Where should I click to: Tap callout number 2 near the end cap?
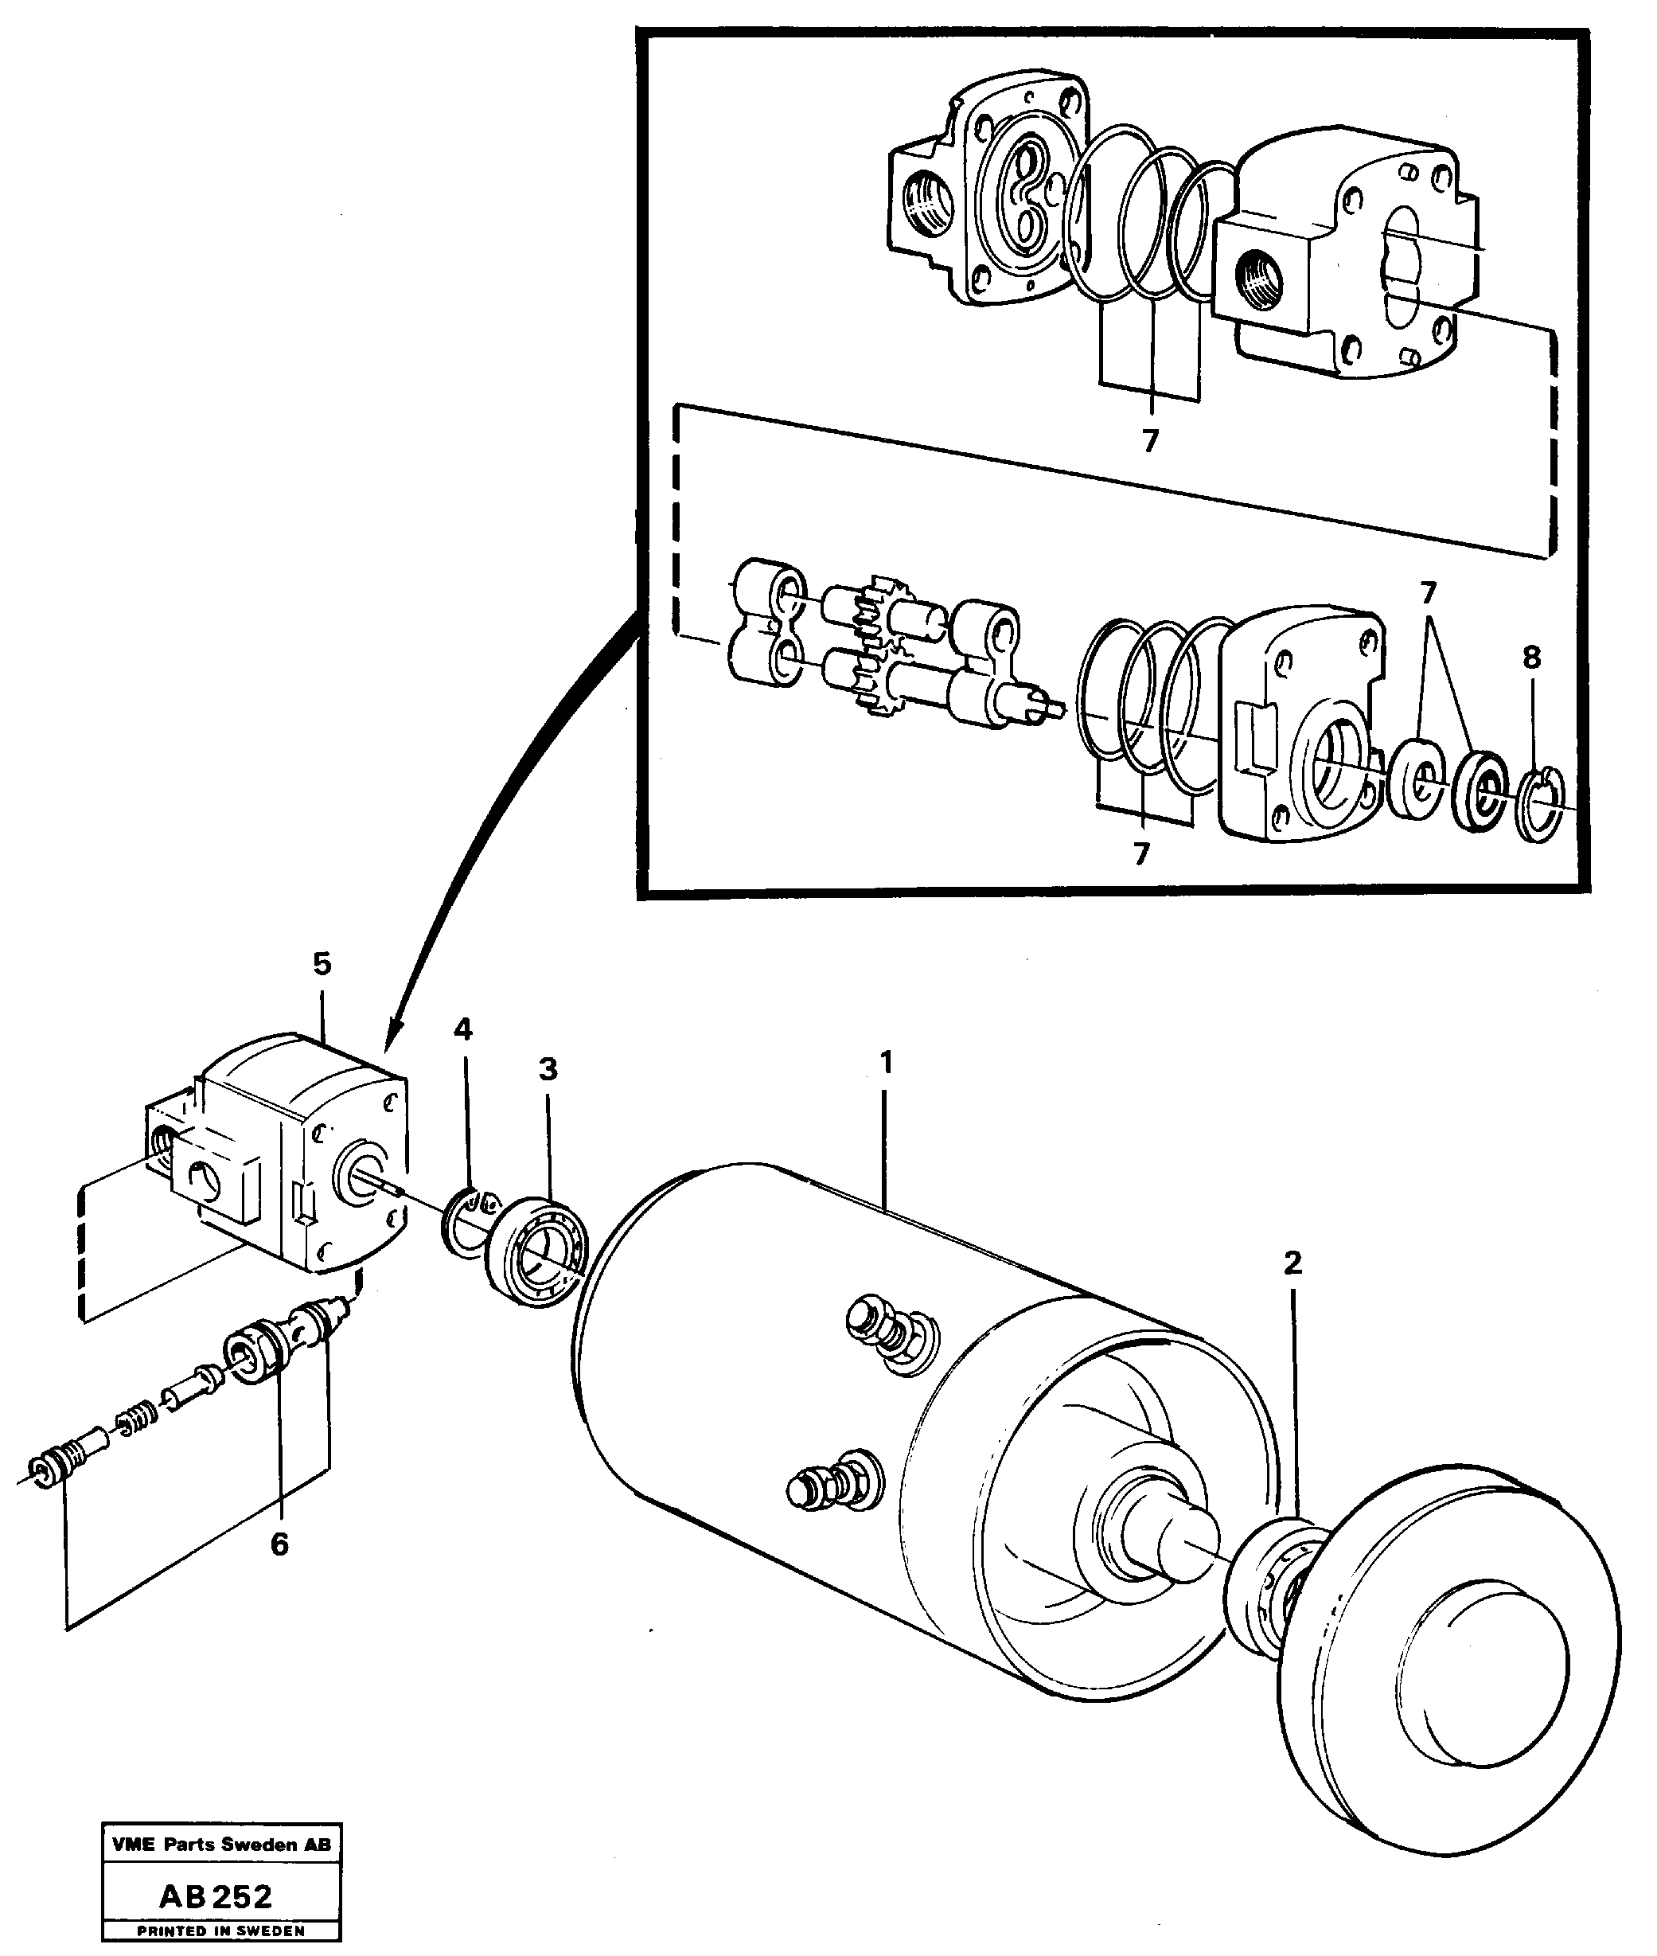[1292, 1263]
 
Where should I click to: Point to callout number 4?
[462, 1029]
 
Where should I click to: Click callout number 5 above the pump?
[322, 964]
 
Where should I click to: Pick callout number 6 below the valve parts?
[279, 1544]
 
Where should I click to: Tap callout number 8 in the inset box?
[1532, 658]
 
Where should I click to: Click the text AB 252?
[216, 1889]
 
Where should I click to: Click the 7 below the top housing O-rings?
[1150, 440]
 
